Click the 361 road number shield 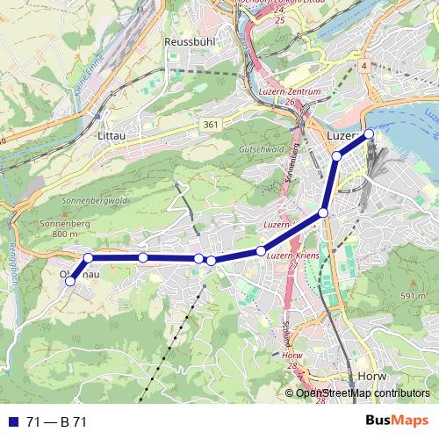[x=209, y=126]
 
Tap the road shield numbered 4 [x=363, y=67]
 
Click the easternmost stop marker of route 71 [x=369, y=133]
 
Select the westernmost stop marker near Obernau [x=70, y=281]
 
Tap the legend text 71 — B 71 [x=56, y=422]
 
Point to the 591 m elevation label [x=413, y=297]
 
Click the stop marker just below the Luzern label [x=336, y=156]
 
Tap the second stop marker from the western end [x=88, y=258]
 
